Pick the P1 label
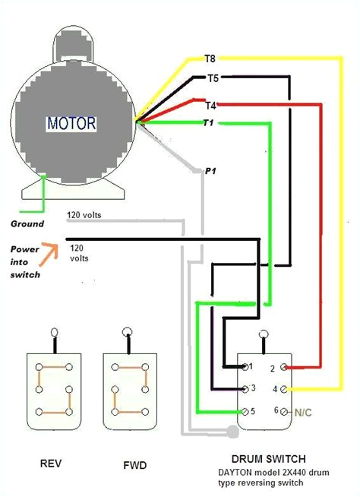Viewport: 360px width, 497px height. [211, 173]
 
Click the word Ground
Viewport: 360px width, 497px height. [27, 223]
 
